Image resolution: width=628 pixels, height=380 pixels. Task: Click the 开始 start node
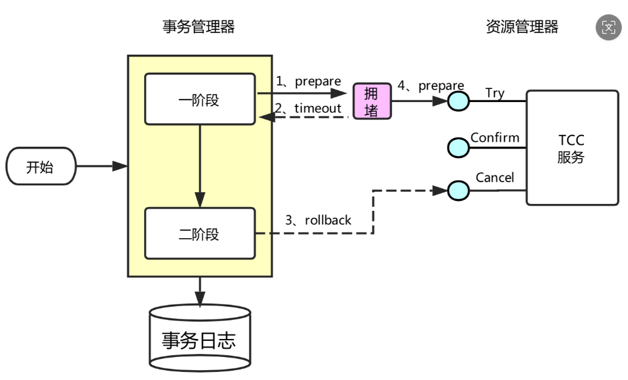(x=40, y=167)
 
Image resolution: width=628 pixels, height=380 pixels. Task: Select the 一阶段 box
(x=199, y=100)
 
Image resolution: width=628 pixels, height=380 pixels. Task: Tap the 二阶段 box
(x=199, y=234)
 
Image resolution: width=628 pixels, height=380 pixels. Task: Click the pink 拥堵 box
(x=371, y=101)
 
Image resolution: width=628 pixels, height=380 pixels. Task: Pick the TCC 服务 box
(x=571, y=148)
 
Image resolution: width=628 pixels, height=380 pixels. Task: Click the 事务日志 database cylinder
(x=199, y=340)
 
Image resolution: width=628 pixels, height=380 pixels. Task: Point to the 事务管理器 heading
(x=199, y=27)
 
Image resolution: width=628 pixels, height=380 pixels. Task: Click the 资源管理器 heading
(x=522, y=27)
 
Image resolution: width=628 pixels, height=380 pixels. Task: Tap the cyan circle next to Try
(x=458, y=101)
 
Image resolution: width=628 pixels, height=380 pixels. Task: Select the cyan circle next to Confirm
(x=458, y=147)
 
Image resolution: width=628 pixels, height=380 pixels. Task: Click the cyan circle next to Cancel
(x=458, y=190)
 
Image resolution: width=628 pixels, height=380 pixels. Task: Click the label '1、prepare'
(x=309, y=81)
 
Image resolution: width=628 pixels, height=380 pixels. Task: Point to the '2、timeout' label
(x=309, y=108)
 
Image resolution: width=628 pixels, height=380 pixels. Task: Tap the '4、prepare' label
(x=431, y=86)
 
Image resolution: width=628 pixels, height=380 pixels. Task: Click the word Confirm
(x=494, y=137)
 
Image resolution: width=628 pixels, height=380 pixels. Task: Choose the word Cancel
(x=494, y=178)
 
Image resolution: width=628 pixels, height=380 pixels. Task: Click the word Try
(x=494, y=93)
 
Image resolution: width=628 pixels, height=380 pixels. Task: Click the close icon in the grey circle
(x=608, y=27)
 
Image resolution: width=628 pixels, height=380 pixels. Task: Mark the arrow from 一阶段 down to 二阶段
(x=199, y=165)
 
